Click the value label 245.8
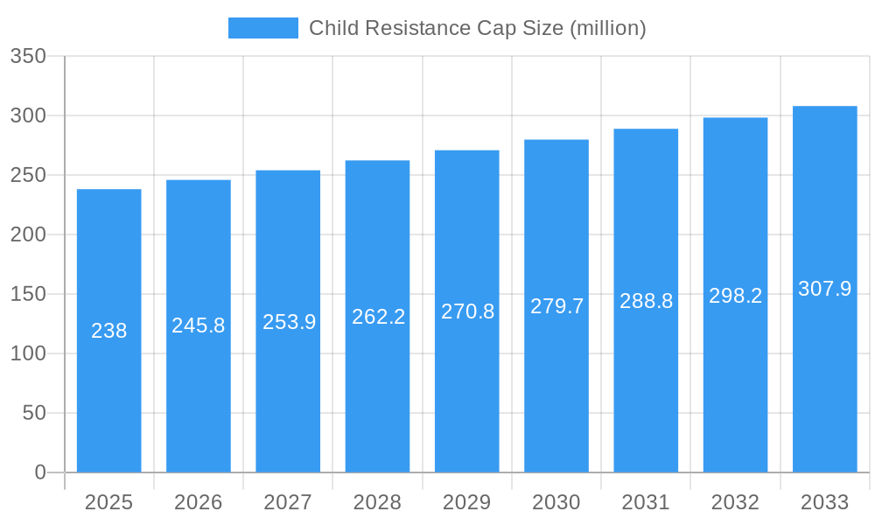(x=199, y=325)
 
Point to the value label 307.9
(x=824, y=289)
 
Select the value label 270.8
(x=467, y=311)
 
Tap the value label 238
(x=109, y=331)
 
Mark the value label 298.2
(x=735, y=296)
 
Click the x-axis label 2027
(x=288, y=502)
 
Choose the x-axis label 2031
(x=646, y=502)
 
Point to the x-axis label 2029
(x=467, y=502)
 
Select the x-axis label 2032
(x=735, y=502)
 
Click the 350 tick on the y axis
(x=28, y=56)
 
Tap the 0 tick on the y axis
(x=39, y=472)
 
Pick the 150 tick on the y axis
(x=28, y=294)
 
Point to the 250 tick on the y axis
(x=28, y=175)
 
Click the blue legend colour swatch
(x=262, y=28)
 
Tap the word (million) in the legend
(x=607, y=28)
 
